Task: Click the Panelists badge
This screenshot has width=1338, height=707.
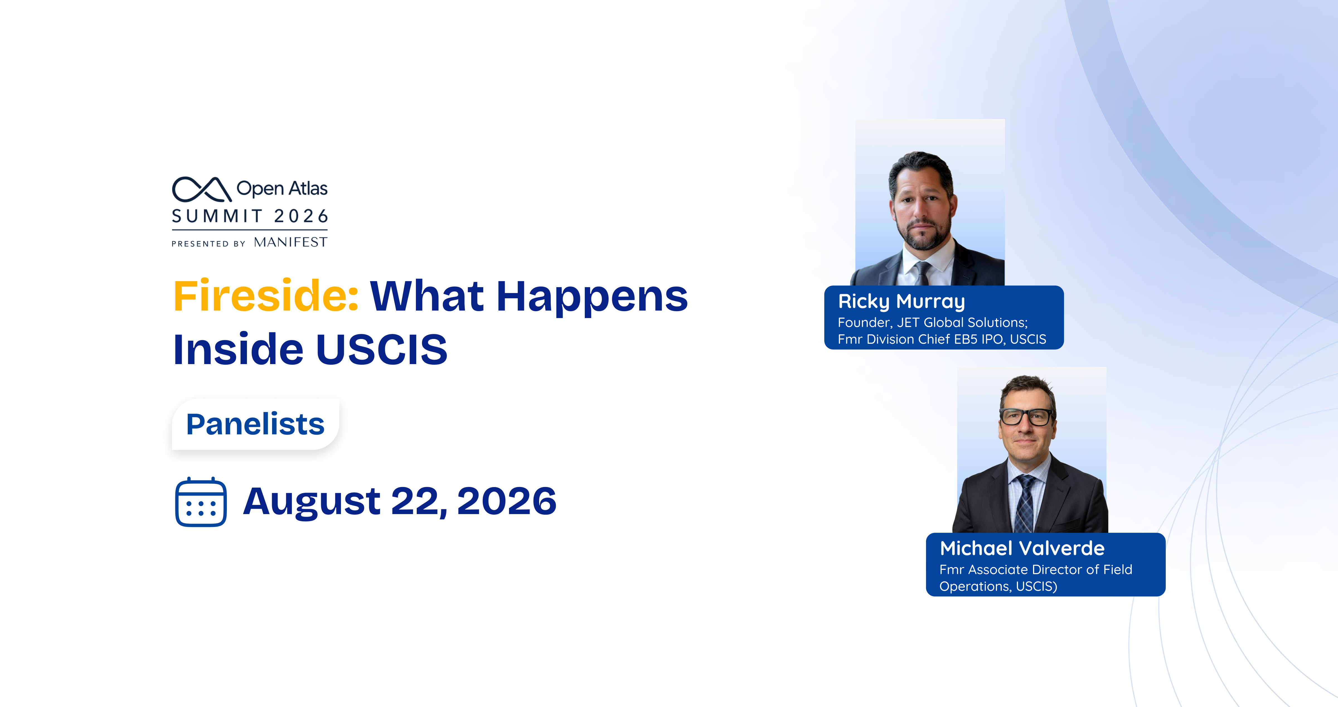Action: [256, 424]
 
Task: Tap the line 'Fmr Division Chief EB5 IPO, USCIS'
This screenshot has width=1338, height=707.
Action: [942, 339]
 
